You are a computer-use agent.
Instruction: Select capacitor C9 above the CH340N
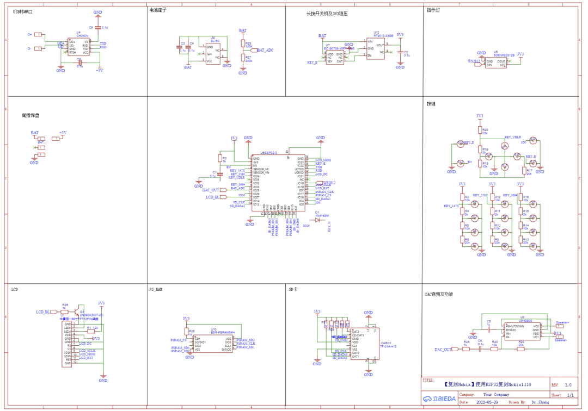tap(97, 27)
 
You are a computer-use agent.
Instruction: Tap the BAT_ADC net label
tap(265, 50)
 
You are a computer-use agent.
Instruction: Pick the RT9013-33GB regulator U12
tap(376, 48)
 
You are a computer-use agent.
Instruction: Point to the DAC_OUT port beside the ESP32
tap(211, 190)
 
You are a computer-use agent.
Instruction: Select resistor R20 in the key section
tap(480, 130)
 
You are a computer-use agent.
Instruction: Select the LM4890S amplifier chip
tap(521, 330)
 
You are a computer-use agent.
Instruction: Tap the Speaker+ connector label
tap(562, 322)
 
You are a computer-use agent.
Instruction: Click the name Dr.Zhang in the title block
tap(540, 402)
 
